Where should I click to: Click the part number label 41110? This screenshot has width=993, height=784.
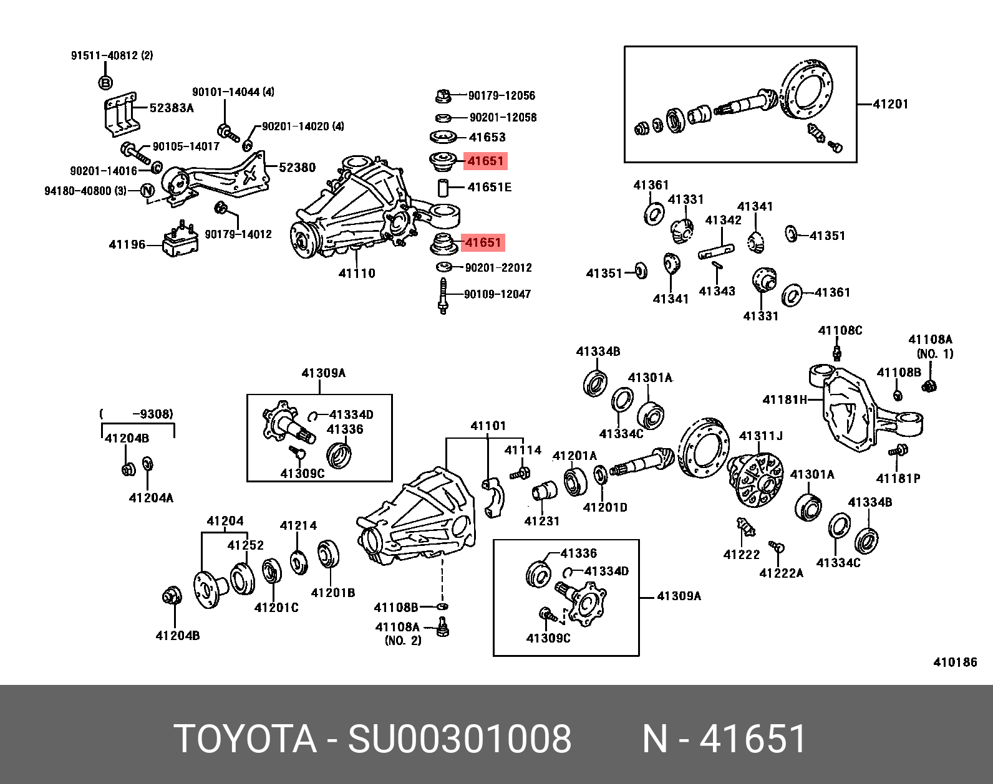pos(357,273)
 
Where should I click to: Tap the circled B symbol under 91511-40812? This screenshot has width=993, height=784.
pos(105,82)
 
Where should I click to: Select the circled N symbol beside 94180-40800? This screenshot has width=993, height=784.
pos(147,191)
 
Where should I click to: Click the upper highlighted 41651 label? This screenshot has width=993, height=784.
pos(485,161)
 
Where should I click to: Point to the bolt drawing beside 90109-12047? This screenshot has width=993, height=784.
pos(443,296)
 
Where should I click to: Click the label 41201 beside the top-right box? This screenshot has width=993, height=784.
pos(891,104)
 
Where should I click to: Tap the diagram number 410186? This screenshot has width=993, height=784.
pos(955,662)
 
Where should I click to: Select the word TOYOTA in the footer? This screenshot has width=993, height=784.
pos(245,739)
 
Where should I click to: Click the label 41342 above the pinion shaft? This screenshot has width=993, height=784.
pos(723,220)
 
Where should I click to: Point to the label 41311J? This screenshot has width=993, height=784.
pos(760,436)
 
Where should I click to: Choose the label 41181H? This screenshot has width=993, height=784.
pos(785,399)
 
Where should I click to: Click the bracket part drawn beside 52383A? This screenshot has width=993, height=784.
pos(120,115)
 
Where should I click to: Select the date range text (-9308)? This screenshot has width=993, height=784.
pos(137,414)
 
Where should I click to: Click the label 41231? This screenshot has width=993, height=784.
pos(541,521)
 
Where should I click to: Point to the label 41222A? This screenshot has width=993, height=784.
pos(781,573)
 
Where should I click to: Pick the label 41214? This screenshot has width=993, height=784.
pos(298,525)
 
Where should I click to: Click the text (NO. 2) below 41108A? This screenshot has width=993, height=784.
pos(402,640)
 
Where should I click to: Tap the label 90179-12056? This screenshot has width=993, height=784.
pos(501,95)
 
